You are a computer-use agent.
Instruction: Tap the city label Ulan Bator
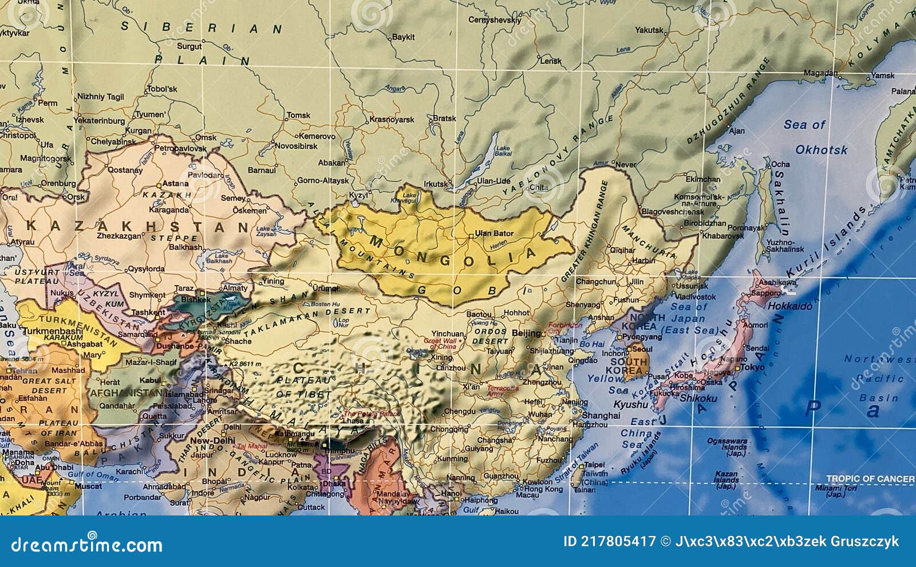coord(494,233)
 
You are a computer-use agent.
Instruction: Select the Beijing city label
coord(527,333)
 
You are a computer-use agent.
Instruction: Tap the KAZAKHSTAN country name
coord(137,226)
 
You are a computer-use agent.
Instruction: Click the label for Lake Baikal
coord(503,151)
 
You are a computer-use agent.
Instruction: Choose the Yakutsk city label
coord(649,30)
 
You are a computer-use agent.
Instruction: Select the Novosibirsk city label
coord(295,146)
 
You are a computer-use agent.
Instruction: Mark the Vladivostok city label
coord(694,297)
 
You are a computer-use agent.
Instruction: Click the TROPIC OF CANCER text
coord(870,478)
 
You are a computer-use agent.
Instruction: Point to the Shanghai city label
coord(600,415)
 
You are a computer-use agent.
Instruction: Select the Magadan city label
coord(821,73)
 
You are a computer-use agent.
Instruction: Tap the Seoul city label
coord(642,349)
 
